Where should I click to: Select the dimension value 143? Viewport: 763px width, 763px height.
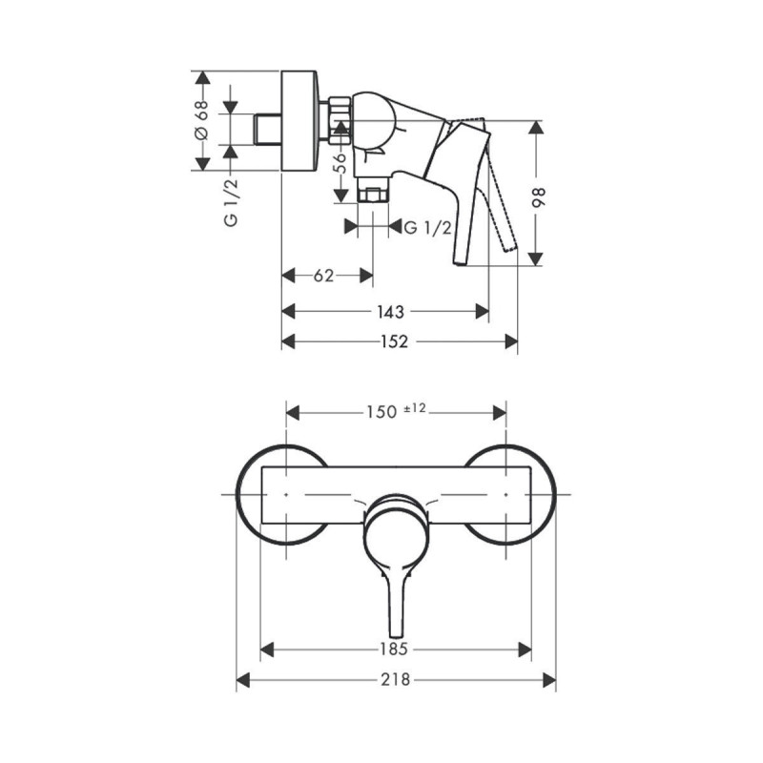tap(390, 311)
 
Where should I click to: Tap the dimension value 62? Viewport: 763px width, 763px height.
tap(323, 276)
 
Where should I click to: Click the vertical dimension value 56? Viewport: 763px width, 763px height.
tap(340, 161)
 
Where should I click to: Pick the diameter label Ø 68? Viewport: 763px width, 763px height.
tap(202, 120)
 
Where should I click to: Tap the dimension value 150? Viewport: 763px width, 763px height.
tap(381, 412)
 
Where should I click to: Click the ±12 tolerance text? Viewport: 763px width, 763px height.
tap(415, 408)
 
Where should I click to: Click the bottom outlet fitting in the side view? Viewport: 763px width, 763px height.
tap(372, 195)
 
